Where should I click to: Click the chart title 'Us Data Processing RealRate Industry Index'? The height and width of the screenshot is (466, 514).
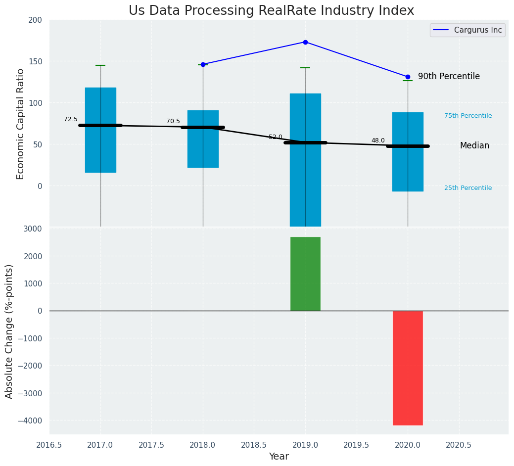pyautogui.click(x=271, y=11)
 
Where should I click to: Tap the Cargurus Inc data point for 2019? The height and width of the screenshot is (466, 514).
pyautogui.click(x=305, y=42)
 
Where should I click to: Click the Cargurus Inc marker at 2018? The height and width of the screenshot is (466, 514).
pyautogui.click(x=203, y=64)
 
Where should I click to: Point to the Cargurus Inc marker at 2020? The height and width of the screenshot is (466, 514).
pyautogui.click(x=408, y=77)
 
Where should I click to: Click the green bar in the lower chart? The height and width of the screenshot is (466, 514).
pyautogui.click(x=305, y=274)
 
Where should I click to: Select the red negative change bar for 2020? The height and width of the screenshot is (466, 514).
pyautogui.click(x=408, y=368)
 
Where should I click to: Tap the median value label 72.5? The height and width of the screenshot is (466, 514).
pyautogui.click(x=71, y=119)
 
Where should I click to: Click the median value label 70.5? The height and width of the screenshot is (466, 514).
pyautogui.click(x=173, y=121)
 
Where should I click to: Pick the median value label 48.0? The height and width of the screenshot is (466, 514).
pyautogui.click(x=378, y=140)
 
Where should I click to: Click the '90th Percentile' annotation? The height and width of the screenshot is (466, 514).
pyautogui.click(x=449, y=76)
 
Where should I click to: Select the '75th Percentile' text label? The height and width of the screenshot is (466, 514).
pyautogui.click(x=468, y=116)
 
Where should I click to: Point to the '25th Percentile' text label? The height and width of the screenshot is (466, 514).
pyautogui.click(x=468, y=188)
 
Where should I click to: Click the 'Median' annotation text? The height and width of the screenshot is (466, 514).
pyautogui.click(x=474, y=145)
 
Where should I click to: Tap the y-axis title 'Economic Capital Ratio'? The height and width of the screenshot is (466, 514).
pyautogui.click(x=21, y=124)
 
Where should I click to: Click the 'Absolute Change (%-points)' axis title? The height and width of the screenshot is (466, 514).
pyautogui.click(x=9, y=331)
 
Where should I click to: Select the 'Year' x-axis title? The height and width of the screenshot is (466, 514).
pyautogui.click(x=279, y=457)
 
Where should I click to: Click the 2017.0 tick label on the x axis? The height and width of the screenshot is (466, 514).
pyautogui.click(x=100, y=445)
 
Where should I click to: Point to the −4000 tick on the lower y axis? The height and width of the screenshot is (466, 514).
pyautogui.click(x=32, y=420)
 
